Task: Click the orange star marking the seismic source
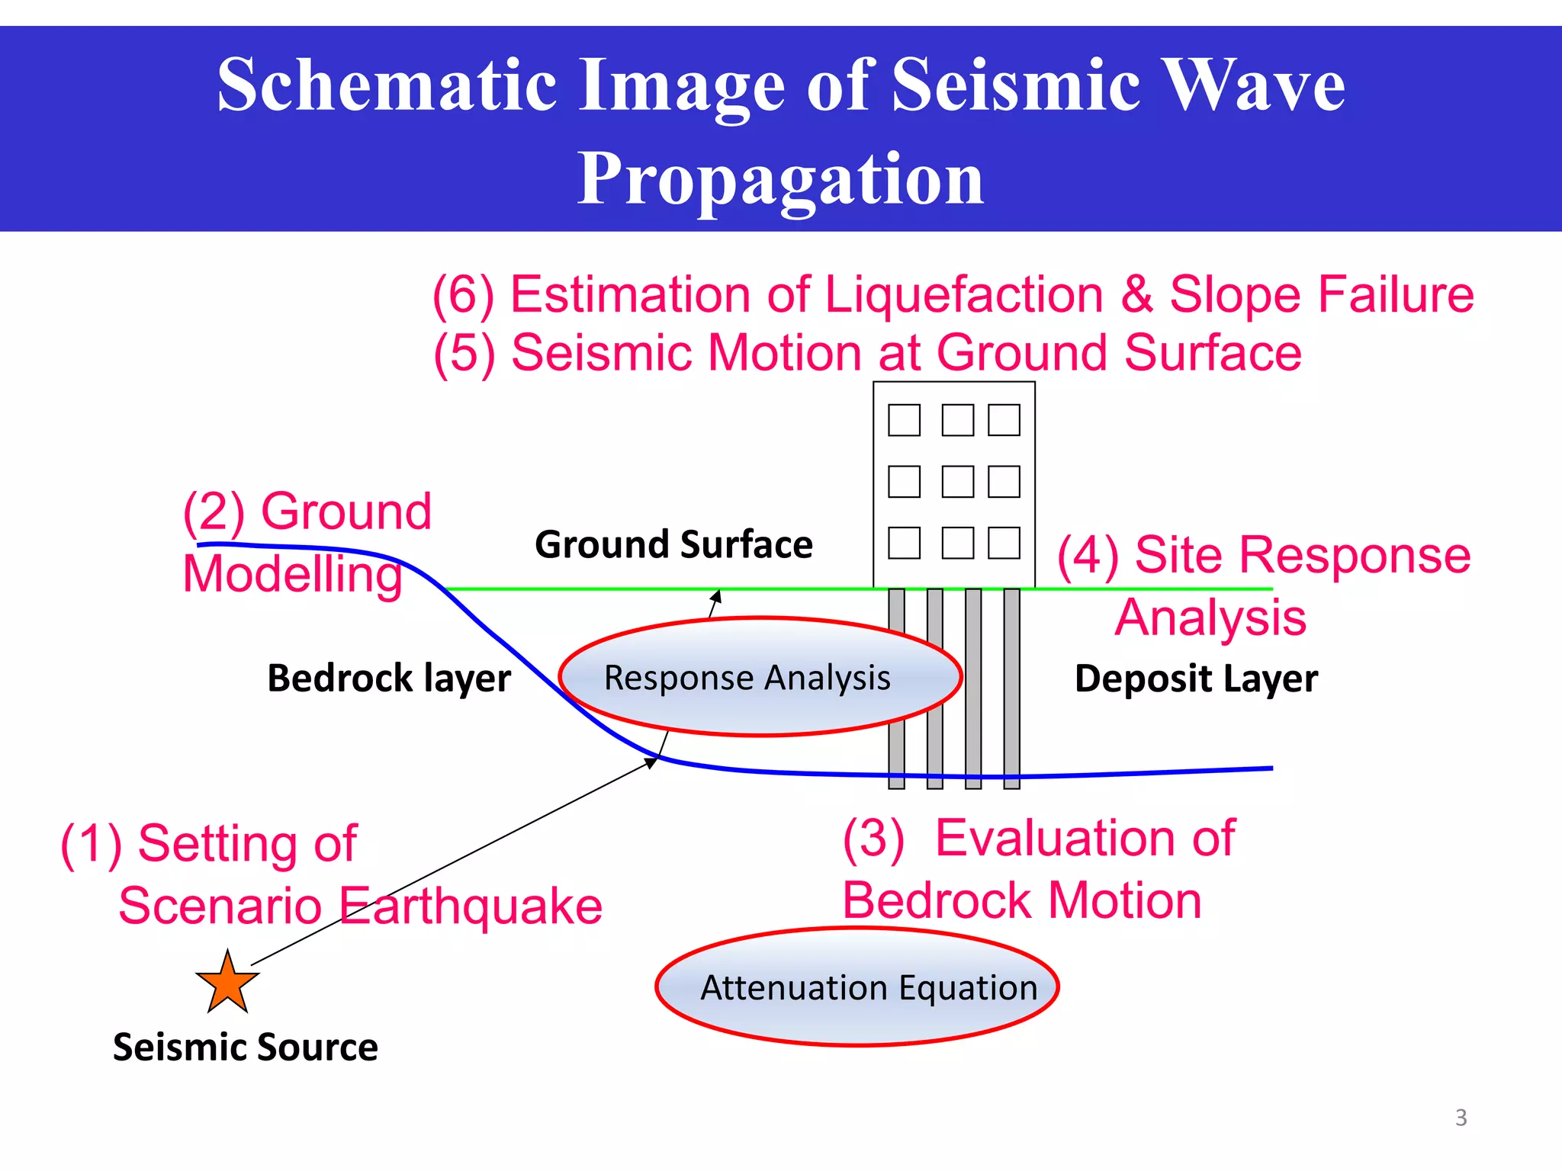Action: (227, 983)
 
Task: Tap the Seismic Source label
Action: (245, 1047)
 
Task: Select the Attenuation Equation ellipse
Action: (857, 987)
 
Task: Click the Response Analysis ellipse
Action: (760, 677)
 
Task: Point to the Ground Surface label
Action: (673, 544)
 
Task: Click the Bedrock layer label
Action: (388, 678)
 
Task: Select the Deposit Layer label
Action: (1195, 678)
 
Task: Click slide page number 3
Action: (1461, 1118)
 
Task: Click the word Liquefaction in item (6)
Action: (964, 294)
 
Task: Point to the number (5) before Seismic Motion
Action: (464, 353)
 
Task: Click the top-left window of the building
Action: (904, 420)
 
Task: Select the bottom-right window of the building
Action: (1004, 543)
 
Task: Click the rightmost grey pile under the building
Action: (1011, 686)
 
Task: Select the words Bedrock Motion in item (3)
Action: (1021, 900)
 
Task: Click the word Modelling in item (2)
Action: (292, 573)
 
